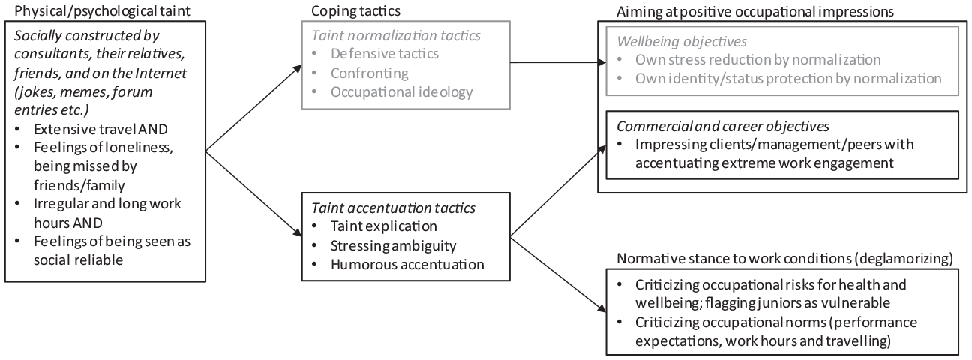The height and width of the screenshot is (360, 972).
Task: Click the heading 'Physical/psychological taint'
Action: [102, 10]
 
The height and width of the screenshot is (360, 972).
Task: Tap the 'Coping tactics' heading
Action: [355, 10]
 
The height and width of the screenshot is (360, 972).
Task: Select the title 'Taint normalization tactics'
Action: [396, 35]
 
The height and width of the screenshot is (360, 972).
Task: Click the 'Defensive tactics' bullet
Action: [385, 54]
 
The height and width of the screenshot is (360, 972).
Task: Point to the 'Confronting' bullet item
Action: [370, 73]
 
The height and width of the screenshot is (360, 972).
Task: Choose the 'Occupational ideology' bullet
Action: [402, 92]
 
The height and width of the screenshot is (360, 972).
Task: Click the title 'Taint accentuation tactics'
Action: [393, 208]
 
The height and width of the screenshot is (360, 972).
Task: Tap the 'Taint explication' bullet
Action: [383, 226]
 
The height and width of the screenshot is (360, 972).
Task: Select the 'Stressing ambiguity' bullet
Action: [393, 246]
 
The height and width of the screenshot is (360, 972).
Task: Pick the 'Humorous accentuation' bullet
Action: [407, 265]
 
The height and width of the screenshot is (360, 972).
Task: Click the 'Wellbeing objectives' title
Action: [682, 42]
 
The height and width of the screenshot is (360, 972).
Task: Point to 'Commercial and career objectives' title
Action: [723, 127]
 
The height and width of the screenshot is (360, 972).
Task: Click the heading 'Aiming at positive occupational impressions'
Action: [755, 12]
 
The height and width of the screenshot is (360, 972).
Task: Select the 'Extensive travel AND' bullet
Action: [100, 129]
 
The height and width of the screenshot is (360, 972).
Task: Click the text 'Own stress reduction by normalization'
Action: [758, 59]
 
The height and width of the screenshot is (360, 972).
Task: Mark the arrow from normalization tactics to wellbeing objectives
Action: [558, 62]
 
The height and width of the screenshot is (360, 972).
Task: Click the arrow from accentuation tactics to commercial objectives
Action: [558, 191]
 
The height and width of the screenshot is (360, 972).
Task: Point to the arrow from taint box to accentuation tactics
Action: [253, 194]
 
